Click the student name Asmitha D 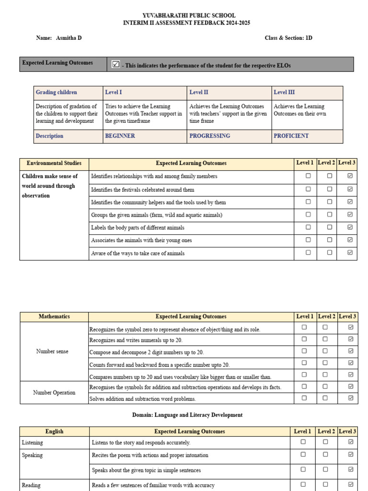(x=69, y=38)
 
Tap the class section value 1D (x=309, y=38)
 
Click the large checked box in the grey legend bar (x=115, y=64)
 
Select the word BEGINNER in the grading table (x=120, y=136)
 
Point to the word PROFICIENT (x=291, y=136)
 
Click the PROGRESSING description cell (x=209, y=136)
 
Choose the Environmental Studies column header (x=54, y=164)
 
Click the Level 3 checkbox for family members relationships (x=350, y=176)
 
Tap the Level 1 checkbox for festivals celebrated (x=308, y=189)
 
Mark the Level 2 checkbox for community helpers (x=330, y=202)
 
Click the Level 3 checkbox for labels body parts (x=350, y=227)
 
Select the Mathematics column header (x=54, y=316)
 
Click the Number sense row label (x=52, y=351)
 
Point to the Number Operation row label (x=54, y=393)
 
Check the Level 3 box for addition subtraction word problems (x=351, y=398)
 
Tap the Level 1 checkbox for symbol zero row (x=304, y=327)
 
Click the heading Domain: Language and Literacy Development (x=187, y=415)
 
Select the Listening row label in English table (x=32, y=443)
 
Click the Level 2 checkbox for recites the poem (x=325, y=454)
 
